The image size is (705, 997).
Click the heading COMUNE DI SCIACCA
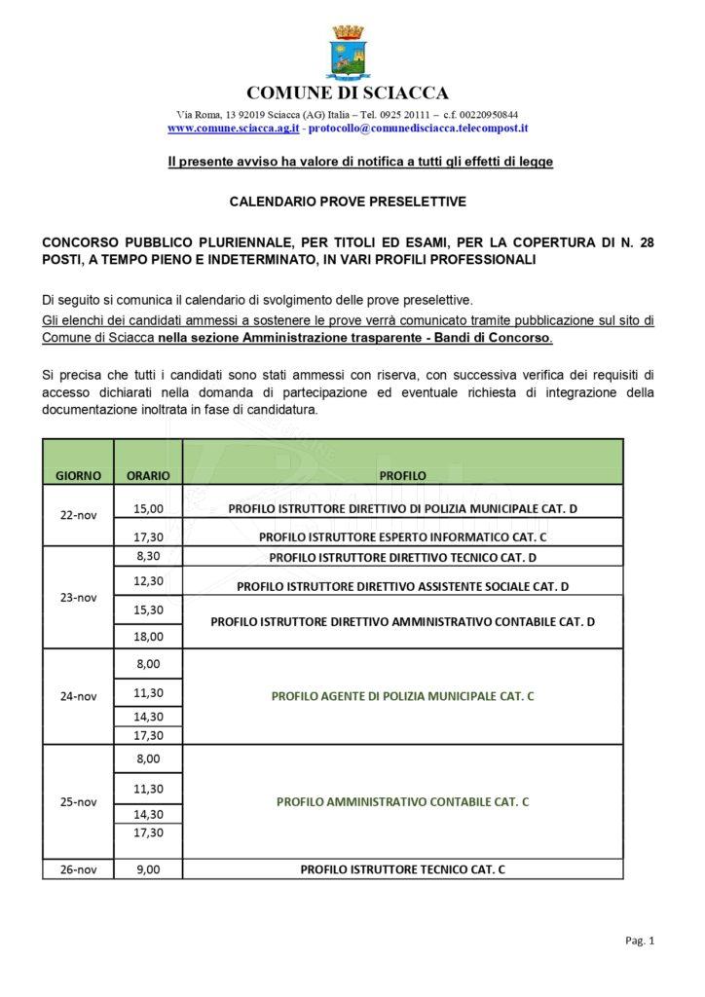point(348,93)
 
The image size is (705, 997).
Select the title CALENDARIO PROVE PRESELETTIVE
point(348,203)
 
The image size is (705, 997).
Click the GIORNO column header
point(78,476)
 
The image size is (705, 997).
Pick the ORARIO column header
point(148,476)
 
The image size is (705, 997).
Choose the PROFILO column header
point(402,476)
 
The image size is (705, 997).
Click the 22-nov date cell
point(78,516)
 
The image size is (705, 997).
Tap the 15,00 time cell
point(148,508)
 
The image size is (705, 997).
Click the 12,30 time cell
point(148,581)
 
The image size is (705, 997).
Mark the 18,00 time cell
point(148,636)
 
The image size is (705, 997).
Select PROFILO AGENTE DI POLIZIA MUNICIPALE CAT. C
point(402,696)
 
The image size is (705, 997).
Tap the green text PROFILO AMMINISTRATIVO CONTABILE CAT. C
point(402,801)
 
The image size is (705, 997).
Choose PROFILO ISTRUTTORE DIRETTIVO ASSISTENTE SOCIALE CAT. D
point(402,586)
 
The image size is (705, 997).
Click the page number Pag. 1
point(638,941)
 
